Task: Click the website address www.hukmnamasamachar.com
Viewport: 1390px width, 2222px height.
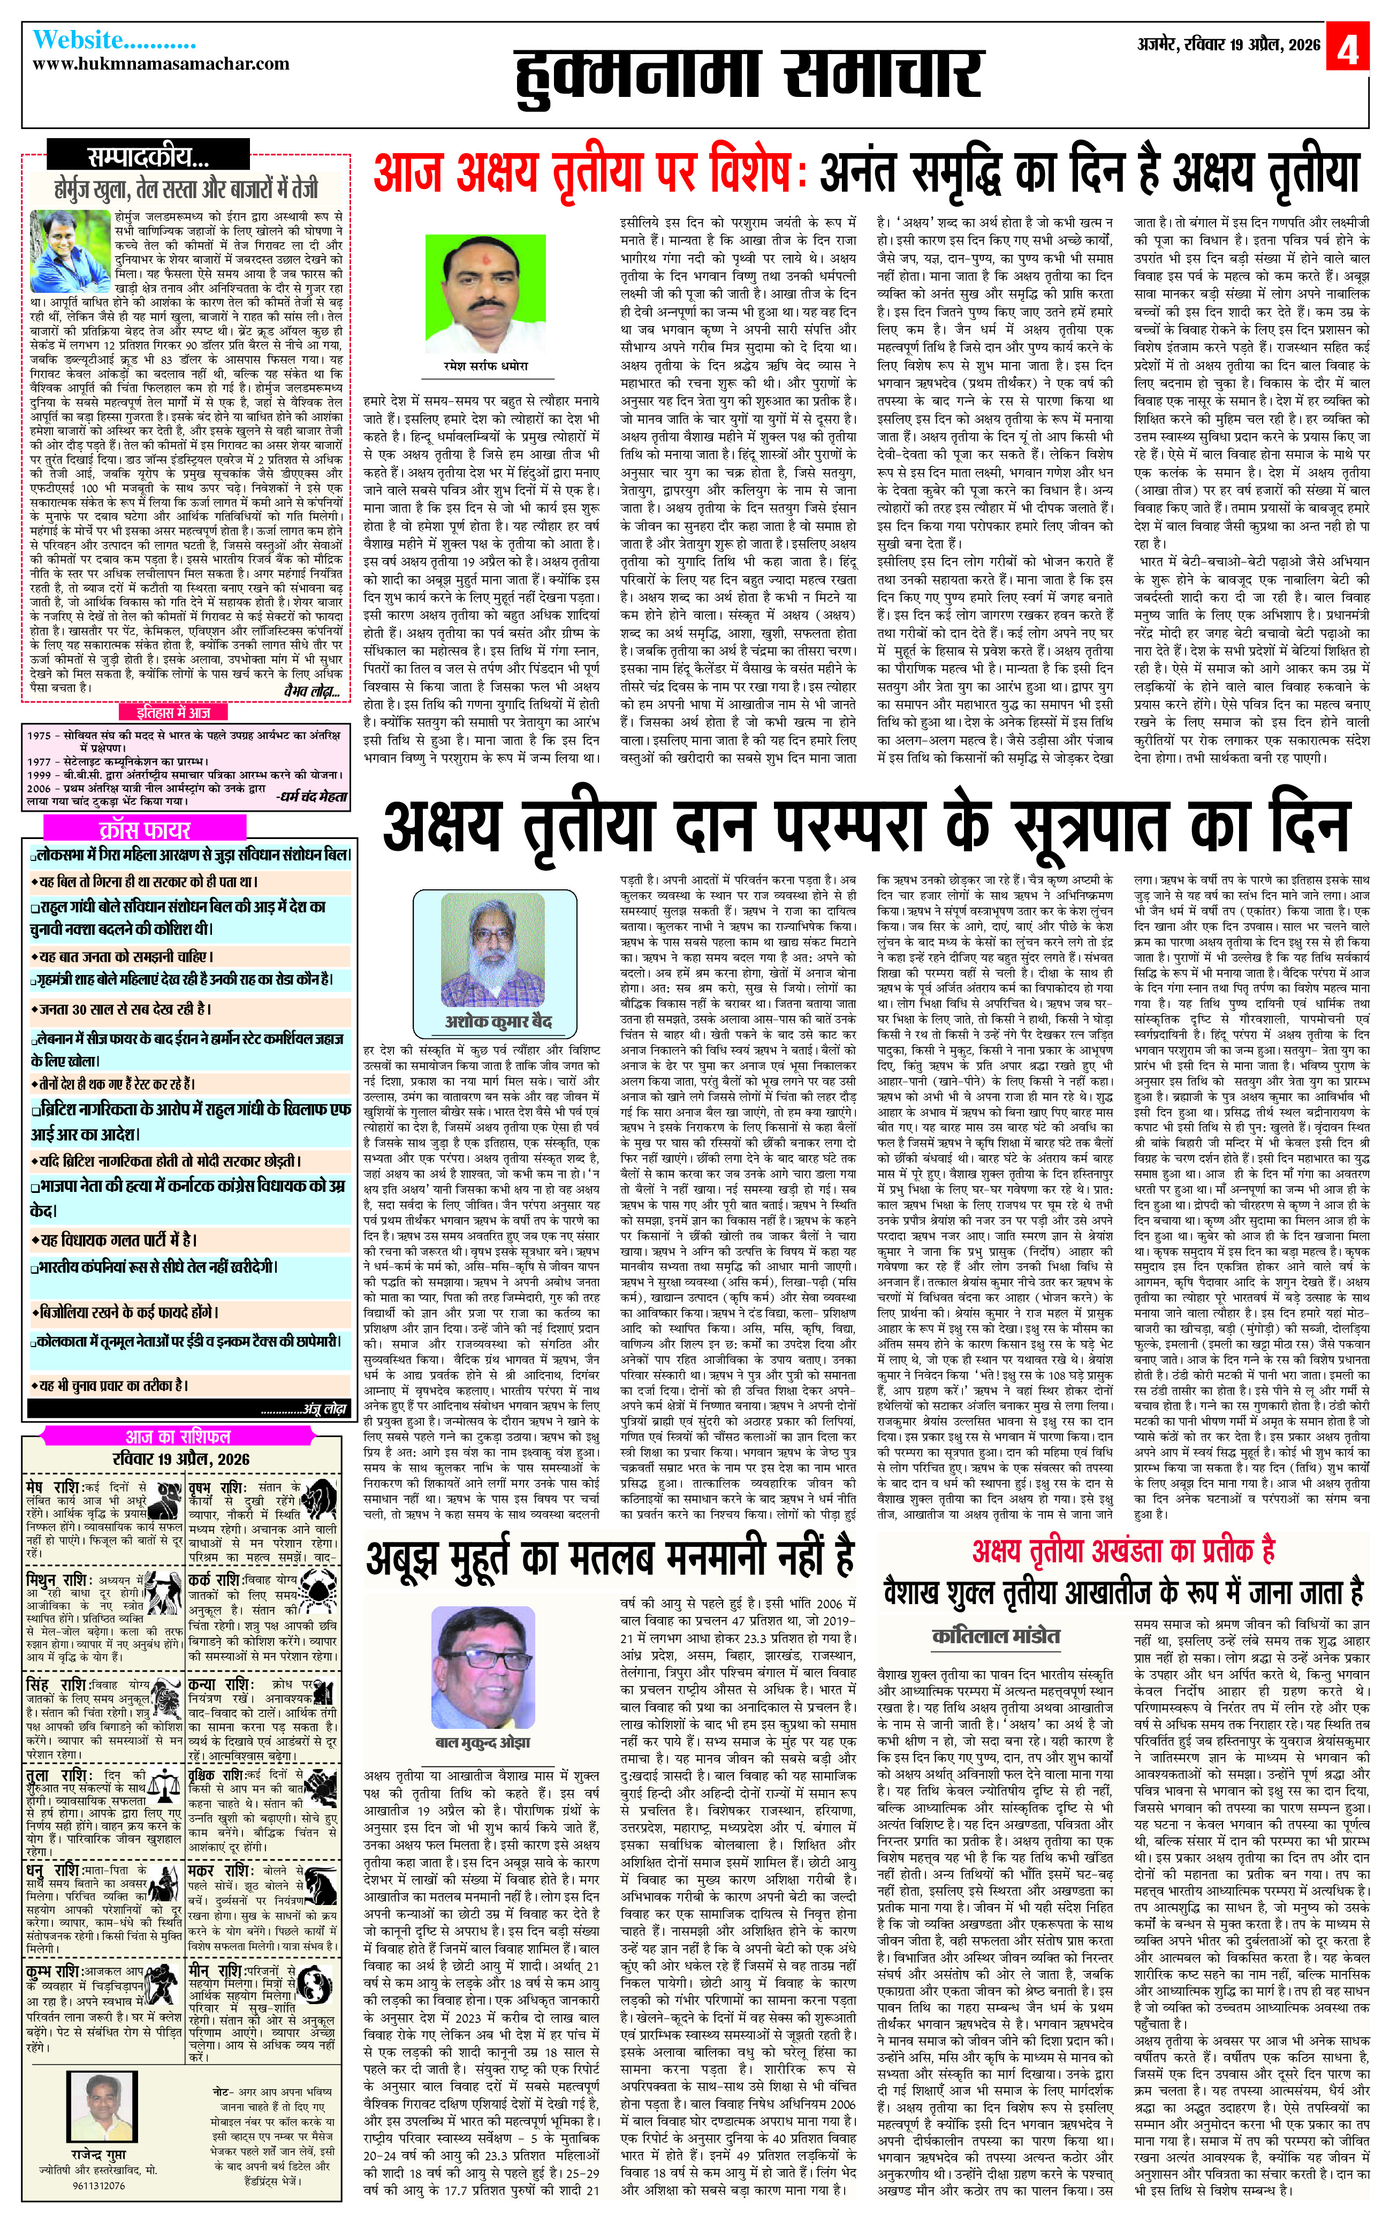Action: coord(161,64)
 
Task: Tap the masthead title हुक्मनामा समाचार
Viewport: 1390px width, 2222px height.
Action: coord(747,75)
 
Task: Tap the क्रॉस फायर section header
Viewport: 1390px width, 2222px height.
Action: coord(145,829)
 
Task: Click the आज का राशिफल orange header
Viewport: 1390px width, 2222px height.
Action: coord(178,1437)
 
